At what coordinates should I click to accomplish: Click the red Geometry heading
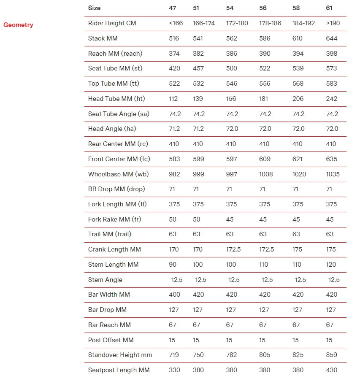[x=18, y=25]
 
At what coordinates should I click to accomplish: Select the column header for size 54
[x=230, y=8]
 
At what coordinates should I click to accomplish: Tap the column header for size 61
[x=330, y=8]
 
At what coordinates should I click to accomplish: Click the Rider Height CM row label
[x=112, y=23]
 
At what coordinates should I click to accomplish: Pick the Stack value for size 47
[x=174, y=38]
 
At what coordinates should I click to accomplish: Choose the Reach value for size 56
[x=265, y=54]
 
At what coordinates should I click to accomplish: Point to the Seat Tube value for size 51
[x=198, y=68]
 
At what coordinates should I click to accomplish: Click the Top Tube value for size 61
[x=332, y=84]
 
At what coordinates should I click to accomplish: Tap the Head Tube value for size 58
[x=298, y=99]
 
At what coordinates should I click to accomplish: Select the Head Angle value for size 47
[x=174, y=129]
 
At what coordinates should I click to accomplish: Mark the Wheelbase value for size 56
[x=266, y=174]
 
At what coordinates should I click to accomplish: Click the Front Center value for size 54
[x=232, y=159]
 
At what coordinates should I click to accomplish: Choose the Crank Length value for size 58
[x=298, y=249]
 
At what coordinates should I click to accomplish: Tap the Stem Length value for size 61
[x=331, y=265]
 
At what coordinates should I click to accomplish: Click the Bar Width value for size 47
[x=174, y=295]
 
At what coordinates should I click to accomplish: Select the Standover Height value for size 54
[x=232, y=355]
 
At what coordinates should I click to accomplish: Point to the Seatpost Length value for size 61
[x=332, y=370]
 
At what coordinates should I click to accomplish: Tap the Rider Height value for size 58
[x=303, y=23]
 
